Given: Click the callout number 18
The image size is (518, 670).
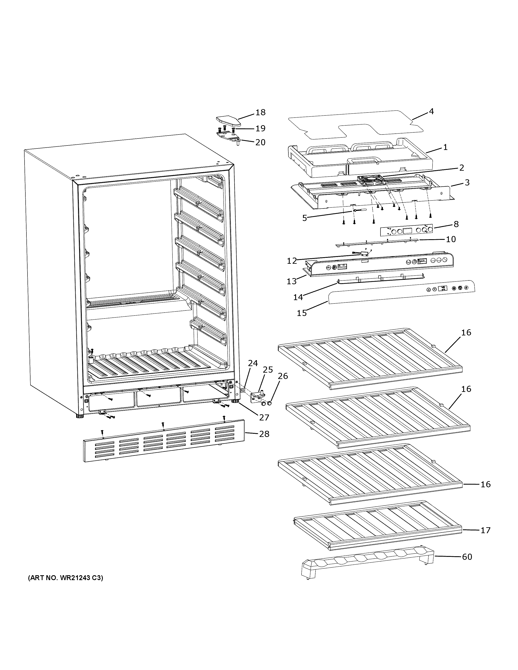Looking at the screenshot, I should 260,112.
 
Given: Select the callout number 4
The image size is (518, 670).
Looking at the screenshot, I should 431,111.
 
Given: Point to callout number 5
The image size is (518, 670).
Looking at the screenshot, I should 304,218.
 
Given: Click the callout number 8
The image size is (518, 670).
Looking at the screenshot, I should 456,224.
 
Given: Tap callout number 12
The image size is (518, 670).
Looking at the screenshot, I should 292,261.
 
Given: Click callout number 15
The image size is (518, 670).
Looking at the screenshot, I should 302,313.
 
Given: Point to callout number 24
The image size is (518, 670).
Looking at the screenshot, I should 253,363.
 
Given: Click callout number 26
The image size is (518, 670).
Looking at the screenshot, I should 283,376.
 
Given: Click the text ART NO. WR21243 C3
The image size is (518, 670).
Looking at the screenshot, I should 66,578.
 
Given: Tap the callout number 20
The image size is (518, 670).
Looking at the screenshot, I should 260,142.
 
